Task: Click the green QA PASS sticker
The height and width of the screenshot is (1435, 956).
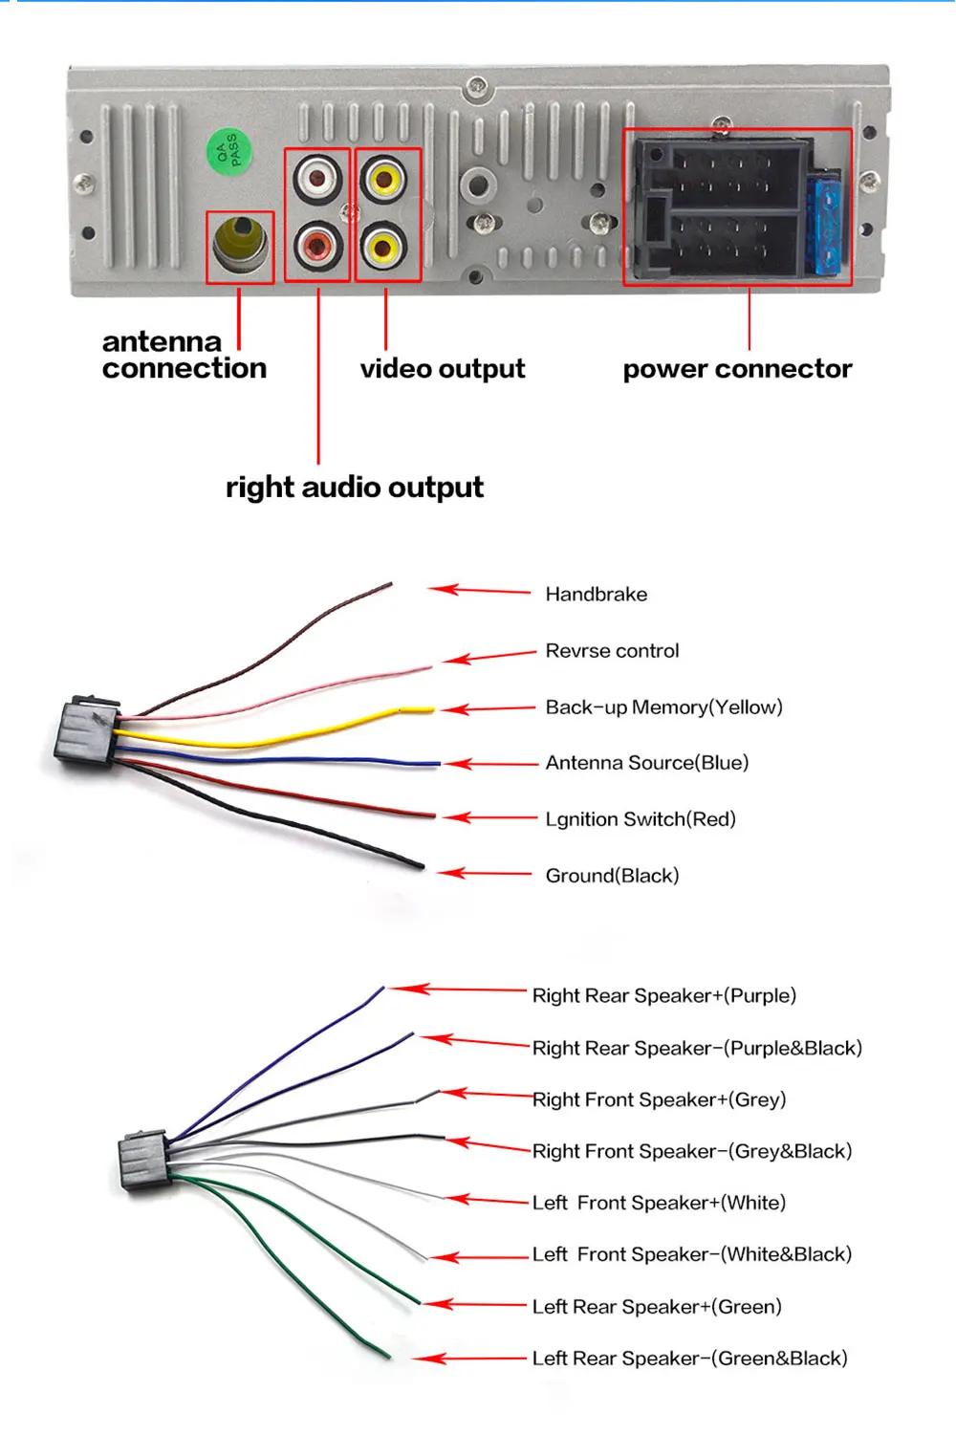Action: point(229,152)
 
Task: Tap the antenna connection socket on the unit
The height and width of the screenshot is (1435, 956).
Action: point(240,246)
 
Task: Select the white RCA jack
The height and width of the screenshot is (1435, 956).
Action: point(317,179)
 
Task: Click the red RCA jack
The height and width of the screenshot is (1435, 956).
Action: point(317,246)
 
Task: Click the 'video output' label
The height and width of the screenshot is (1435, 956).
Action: point(442,369)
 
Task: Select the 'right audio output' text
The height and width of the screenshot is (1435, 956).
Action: point(355,488)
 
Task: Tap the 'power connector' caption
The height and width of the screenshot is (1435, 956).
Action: point(737,369)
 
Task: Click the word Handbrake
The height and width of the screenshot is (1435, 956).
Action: point(596,594)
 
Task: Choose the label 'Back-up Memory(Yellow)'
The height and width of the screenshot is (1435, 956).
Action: point(663,707)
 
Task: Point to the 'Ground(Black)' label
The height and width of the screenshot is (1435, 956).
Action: point(612,875)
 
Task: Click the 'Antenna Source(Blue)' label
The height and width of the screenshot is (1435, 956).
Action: point(647,762)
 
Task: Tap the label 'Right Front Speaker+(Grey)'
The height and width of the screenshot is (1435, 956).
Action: point(659,1099)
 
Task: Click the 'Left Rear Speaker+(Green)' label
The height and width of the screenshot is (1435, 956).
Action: point(657,1306)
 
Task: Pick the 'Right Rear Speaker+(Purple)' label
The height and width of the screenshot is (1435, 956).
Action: point(663,995)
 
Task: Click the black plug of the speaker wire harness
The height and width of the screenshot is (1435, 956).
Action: point(144,1160)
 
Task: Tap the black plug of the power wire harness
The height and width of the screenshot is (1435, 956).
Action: point(86,731)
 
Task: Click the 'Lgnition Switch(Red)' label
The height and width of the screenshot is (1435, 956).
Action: point(641,818)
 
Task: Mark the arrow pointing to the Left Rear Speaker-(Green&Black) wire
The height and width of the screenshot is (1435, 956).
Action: point(469,1359)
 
